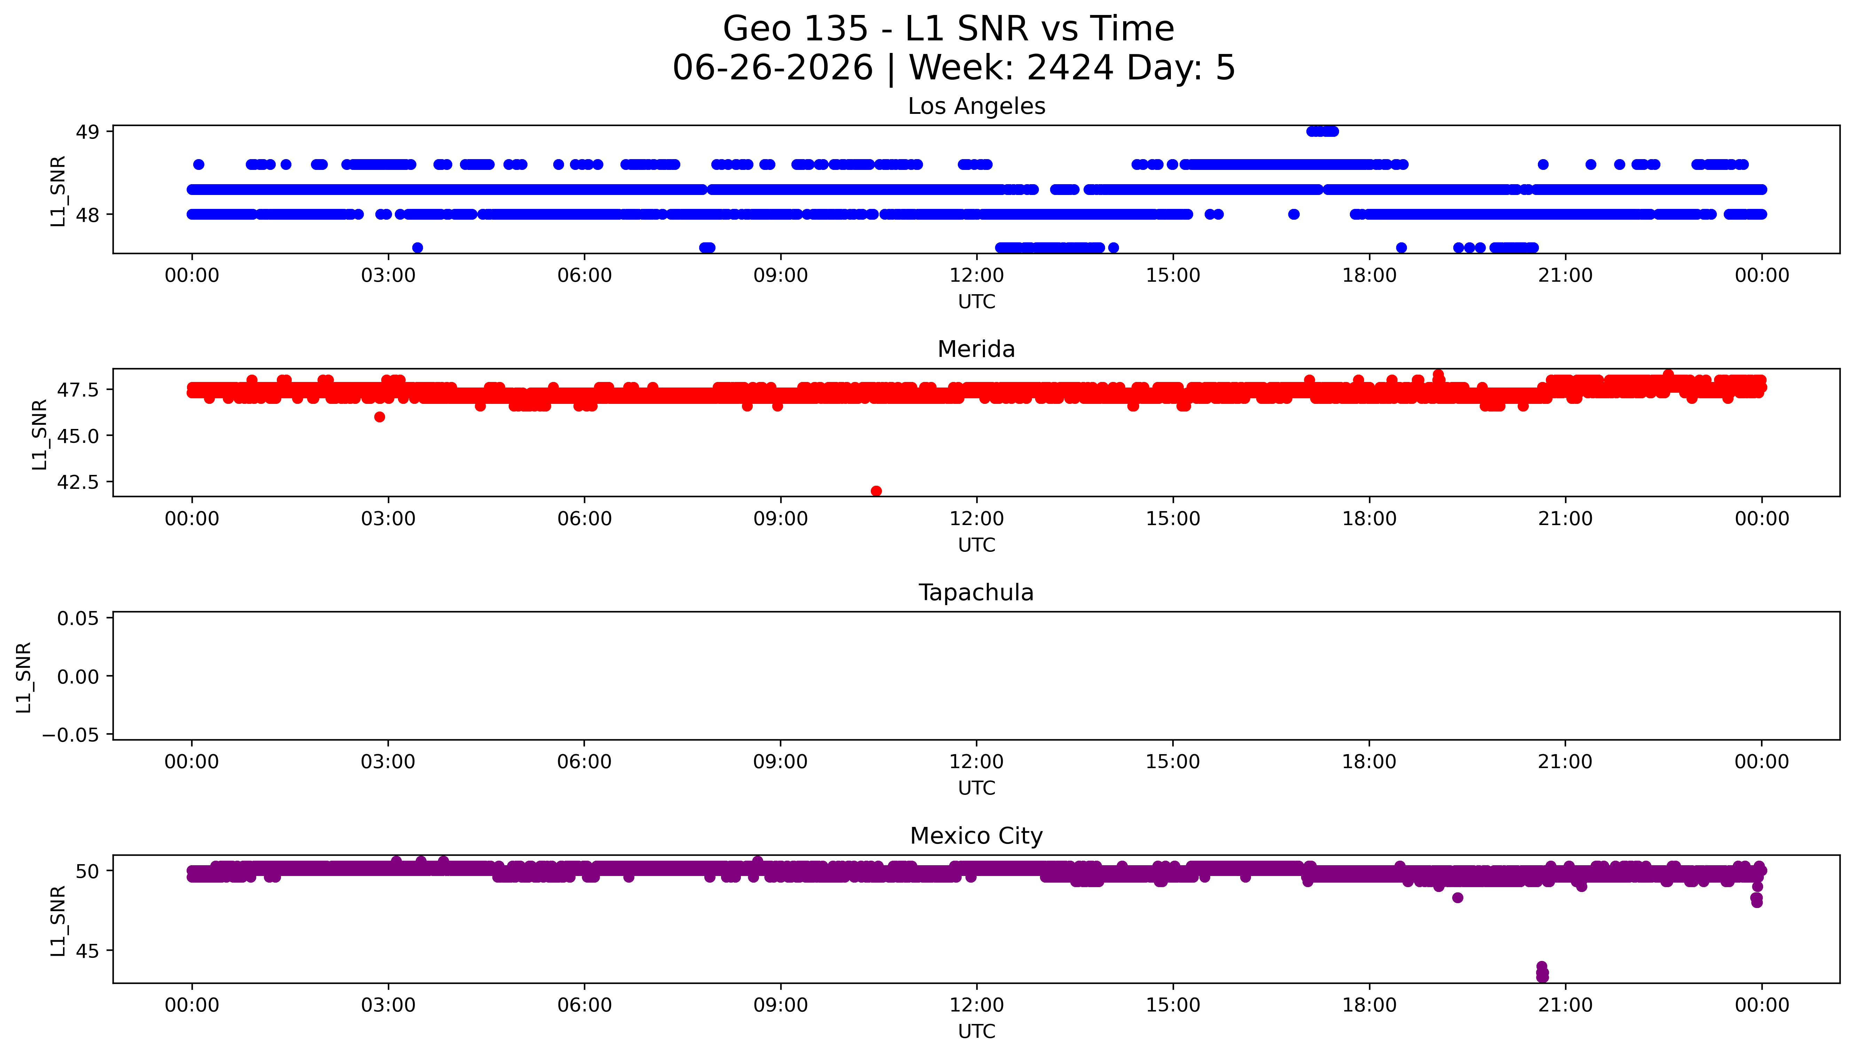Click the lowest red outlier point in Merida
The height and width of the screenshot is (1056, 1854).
pyautogui.click(x=876, y=491)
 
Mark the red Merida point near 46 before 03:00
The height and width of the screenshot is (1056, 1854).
pyautogui.click(x=379, y=416)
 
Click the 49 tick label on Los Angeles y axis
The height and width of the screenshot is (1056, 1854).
pyautogui.click(x=88, y=132)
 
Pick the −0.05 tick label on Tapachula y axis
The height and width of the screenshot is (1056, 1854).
pyautogui.click(x=71, y=735)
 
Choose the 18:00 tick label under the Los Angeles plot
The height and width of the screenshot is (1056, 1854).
pyautogui.click(x=1369, y=276)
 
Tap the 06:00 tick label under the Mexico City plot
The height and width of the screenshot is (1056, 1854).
pyautogui.click(x=585, y=1005)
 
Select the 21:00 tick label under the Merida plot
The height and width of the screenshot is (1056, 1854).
pyautogui.click(x=1565, y=518)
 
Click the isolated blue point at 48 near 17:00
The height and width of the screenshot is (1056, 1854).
pyautogui.click(x=1293, y=214)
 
